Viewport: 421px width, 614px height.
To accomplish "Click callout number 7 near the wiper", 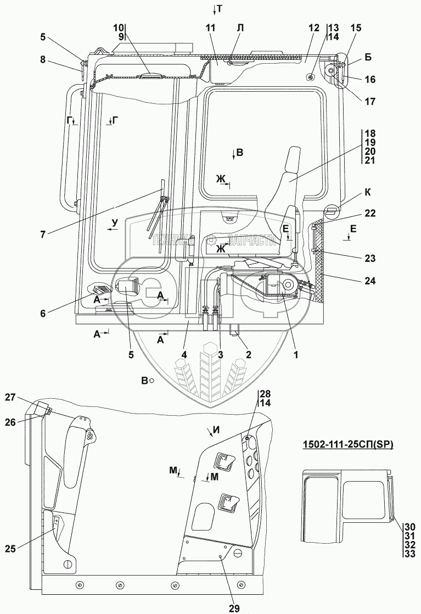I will tap(43, 233).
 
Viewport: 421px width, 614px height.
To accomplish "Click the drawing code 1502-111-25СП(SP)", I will tap(348, 445).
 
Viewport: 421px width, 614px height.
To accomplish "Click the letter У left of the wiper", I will tap(114, 222).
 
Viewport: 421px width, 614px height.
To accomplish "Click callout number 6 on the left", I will tap(43, 313).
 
